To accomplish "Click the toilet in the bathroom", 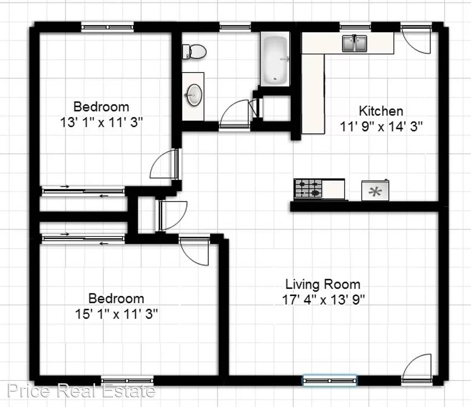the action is pyautogui.click(x=194, y=52).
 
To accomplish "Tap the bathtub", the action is pyautogui.click(x=275, y=59).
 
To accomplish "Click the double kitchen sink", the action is pyautogui.click(x=354, y=43).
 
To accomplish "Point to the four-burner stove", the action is pyautogui.click(x=308, y=188).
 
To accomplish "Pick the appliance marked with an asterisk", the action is pyautogui.click(x=375, y=190).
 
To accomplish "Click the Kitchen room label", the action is pyautogui.click(x=381, y=111).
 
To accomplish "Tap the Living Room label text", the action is pyautogui.click(x=323, y=285).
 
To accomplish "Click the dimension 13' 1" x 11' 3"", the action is pyautogui.click(x=102, y=122).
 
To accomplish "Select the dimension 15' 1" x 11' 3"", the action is pyautogui.click(x=117, y=314).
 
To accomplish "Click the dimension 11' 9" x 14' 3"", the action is pyautogui.click(x=381, y=127).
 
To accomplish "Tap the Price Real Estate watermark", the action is pyautogui.click(x=82, y=390).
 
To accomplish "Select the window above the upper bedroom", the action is pyautogui.click(x=107, y=27).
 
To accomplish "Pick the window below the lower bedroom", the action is pyautogui.click(x=127, y=380).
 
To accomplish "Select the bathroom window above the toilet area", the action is pyautogui.click(x=235, y=27).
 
